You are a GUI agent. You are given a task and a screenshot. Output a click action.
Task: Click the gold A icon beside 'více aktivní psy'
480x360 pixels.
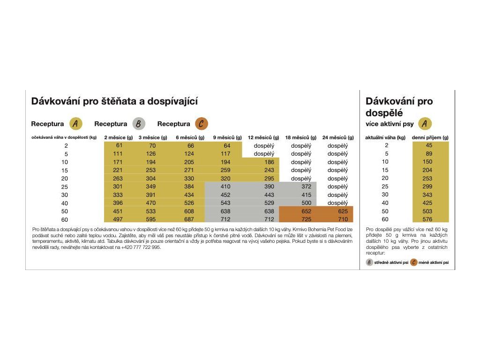425,124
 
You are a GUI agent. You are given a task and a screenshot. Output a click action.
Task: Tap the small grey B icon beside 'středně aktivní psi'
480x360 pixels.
369,262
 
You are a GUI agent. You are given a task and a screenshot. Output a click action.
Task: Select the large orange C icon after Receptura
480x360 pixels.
202,124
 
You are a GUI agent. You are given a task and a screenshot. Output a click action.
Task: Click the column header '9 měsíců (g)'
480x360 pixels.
227,137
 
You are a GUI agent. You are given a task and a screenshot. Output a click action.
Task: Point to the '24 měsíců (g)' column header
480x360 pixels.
338,137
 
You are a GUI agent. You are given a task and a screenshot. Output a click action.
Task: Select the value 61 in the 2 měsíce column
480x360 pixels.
119,145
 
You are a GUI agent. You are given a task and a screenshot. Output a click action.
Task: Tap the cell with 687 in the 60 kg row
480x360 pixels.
189,219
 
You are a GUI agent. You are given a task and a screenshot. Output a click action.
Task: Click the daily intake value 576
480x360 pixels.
427,219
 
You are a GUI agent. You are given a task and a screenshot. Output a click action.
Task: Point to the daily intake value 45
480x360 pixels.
429,145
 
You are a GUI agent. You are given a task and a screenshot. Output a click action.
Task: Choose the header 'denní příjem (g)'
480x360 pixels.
430,137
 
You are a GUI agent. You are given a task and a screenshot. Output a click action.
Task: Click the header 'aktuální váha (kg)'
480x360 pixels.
385,137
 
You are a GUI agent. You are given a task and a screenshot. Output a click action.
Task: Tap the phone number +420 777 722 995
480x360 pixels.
141,247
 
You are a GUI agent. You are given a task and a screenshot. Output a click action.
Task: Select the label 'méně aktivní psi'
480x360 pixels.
434,262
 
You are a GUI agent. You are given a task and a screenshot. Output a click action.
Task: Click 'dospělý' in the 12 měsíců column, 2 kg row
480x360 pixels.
264,146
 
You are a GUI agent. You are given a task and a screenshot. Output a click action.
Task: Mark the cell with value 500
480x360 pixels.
307,202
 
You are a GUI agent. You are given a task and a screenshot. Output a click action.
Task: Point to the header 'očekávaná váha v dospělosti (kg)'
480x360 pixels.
64,137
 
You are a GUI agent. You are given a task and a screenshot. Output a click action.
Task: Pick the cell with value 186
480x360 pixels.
269,162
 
